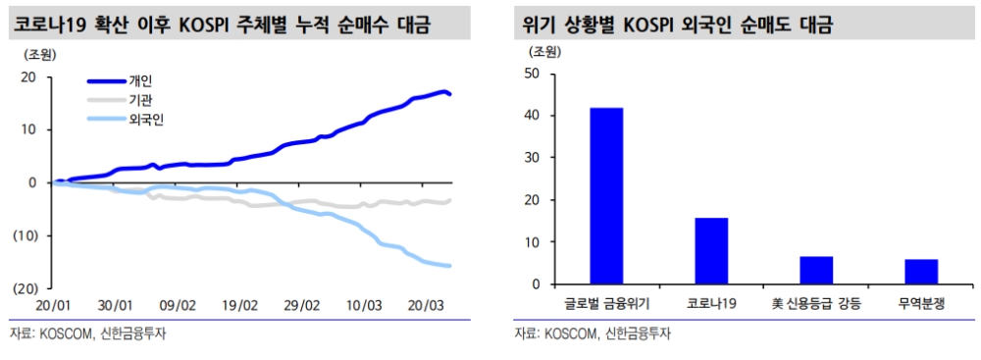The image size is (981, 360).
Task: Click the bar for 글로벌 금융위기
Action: point(606,196)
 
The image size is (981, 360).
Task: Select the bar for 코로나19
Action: point(711,251)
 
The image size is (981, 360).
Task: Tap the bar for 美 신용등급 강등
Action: point(816,271)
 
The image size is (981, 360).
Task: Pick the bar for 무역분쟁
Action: point(921,272)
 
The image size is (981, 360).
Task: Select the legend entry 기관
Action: point(141,100)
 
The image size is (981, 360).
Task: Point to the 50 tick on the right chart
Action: point(533,74)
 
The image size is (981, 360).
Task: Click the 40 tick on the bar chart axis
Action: point(533,116)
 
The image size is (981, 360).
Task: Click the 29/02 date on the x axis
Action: point(302,305)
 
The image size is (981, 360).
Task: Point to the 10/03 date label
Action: point(364,305)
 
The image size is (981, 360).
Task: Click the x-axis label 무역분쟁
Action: point(921,304)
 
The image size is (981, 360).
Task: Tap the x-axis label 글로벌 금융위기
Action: point(606,304)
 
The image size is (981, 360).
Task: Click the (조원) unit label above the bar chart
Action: point(546,51)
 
